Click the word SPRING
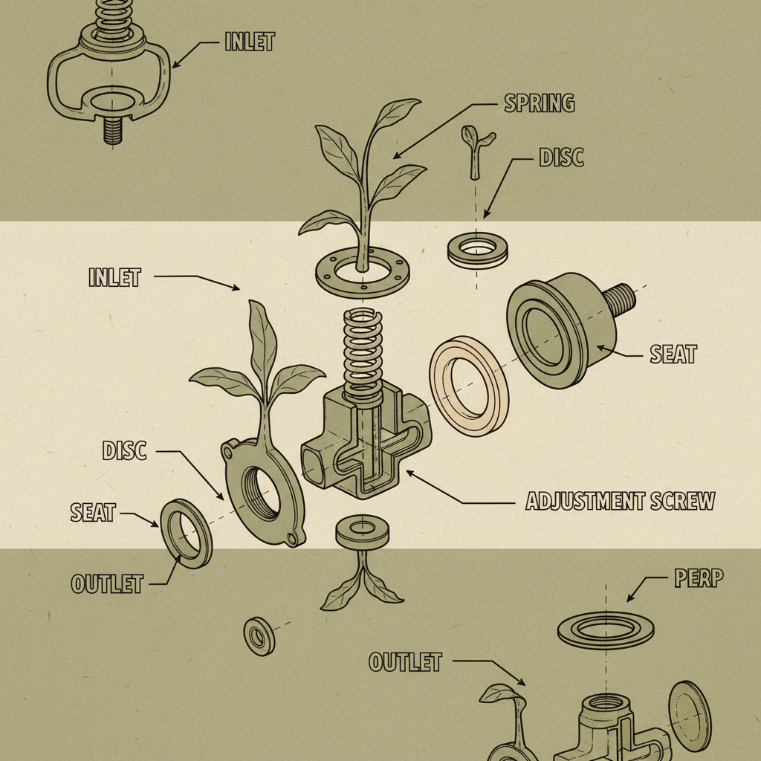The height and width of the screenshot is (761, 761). tap(540, 103)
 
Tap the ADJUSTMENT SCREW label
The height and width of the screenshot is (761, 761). tap(621, 501)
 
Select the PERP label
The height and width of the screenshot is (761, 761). tap(699, 577)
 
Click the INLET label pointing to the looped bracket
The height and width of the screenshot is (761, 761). tap(250, 42)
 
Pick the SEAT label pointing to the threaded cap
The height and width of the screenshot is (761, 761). tap(673, 354)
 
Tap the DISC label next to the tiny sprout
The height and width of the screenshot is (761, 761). tap(561, 158)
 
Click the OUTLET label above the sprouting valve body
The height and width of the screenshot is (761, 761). tap(405, 662)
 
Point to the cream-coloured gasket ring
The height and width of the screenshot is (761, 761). tap(469, 386)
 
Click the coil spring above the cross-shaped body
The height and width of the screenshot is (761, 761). tap(363, 354)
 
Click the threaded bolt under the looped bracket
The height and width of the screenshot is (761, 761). tap(113, 131)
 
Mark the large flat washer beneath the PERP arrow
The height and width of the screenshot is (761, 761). tap(605, 630)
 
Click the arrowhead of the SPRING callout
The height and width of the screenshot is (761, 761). tap(398, 155)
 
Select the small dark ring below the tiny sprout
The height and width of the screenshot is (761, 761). tap(478, 250)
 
